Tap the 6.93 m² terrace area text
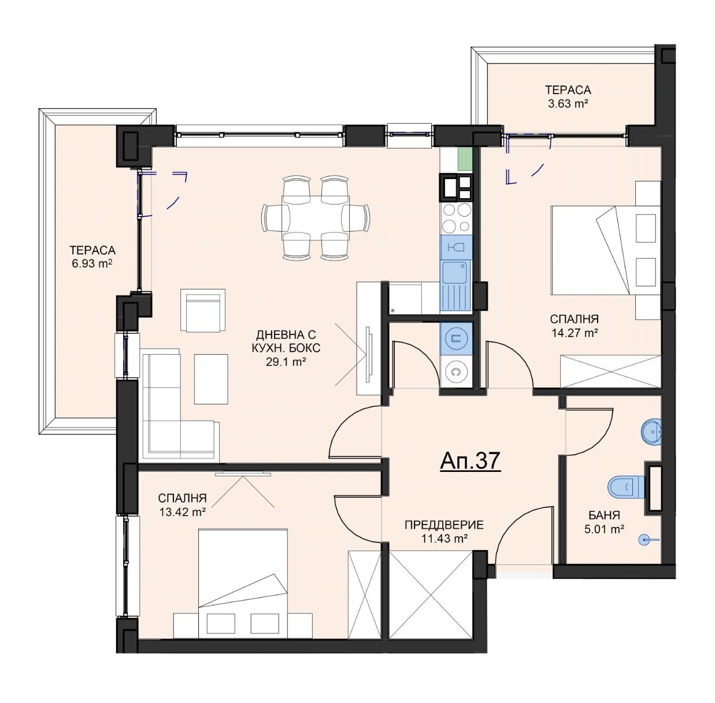click(x=92, y=264)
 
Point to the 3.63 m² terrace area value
click(x=568, y=104)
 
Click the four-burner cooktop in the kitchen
click(x=456, y=218)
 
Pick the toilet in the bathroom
click(x=627, y=486)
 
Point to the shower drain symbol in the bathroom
click(x=647, y=540)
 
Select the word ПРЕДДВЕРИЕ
click(x=444, y=525)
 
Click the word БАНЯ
click(x=604, y=515)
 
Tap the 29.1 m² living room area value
click(x=286, y=362)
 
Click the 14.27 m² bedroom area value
click(x=574, y=333)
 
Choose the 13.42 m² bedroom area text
click(x=183, y=512)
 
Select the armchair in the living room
click(x=203, y=310)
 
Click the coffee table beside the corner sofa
click(x=211, y=379)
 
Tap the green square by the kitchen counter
click(x=465, y=159)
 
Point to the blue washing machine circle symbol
click(x=456, y=338)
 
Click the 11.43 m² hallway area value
click(x=444, y=538)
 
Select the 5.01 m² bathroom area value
click(x=603, y=529)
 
